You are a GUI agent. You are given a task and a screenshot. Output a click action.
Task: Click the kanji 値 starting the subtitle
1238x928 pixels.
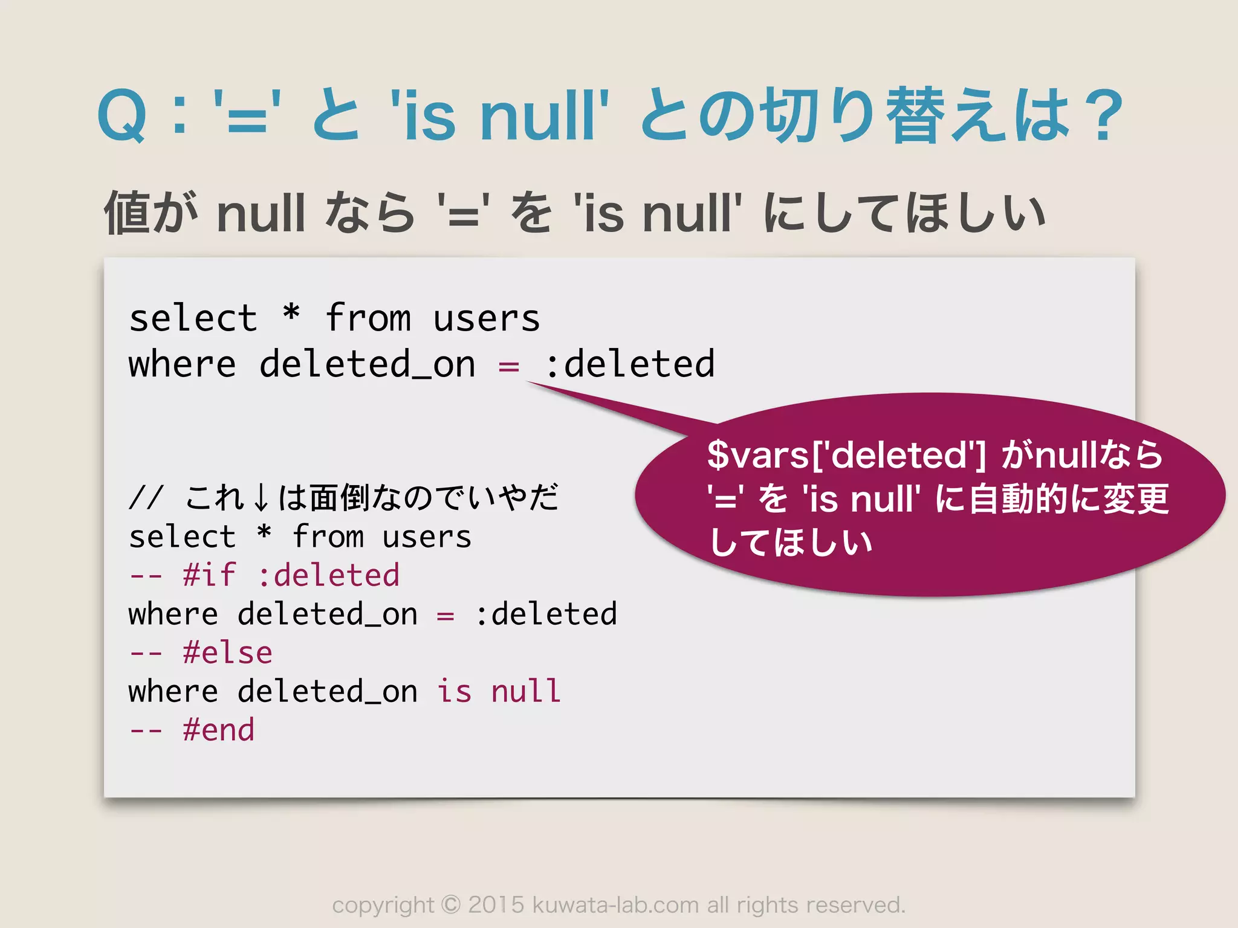[127, 212]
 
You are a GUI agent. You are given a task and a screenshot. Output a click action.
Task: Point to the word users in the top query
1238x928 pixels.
[486, 318]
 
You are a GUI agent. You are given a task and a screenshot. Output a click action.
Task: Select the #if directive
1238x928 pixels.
[209, 575]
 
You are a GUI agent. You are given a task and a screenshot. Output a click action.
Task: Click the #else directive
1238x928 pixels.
[227, 652]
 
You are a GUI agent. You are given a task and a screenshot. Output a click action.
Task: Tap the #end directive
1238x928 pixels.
[218, 730]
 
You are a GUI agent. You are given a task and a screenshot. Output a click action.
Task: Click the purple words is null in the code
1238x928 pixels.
[499, 691]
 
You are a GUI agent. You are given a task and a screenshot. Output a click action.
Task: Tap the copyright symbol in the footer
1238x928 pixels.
[451, 905]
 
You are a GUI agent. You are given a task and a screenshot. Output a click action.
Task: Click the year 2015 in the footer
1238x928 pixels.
[496, 905]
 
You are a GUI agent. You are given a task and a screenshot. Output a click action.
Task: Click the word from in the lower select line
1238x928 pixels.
[328, 536]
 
